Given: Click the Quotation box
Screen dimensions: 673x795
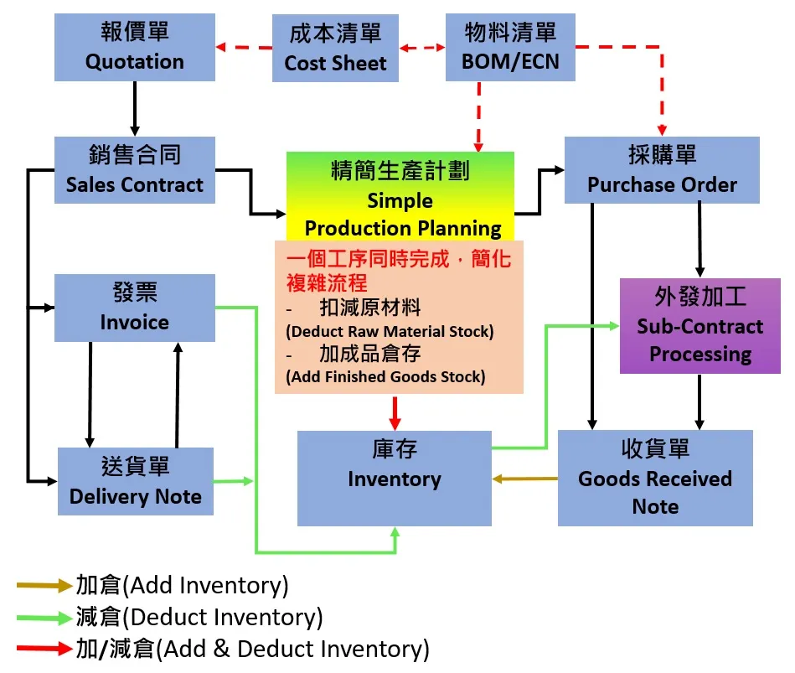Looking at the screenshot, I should click(x=134, y=48).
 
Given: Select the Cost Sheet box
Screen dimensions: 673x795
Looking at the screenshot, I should click(x=335, y=49).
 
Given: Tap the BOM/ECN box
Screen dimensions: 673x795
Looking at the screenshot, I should click(x=510, y=48).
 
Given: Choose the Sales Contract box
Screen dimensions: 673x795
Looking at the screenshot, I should click(x=134, y=170).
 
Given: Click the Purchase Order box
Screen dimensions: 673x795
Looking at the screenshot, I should click(x=662, y=170).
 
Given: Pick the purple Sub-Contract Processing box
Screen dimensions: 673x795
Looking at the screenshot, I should click(x=699, y=326).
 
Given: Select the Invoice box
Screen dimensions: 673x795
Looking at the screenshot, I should click(x=134, y=308).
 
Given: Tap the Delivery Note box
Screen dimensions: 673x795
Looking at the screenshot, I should click(x=135, y=481).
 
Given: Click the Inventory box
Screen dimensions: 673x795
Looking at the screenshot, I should click(x=395, y=479).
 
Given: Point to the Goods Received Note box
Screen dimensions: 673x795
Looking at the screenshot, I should click(x=655, y=479).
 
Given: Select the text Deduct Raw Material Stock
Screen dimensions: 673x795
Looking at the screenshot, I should click(x=390, y=331).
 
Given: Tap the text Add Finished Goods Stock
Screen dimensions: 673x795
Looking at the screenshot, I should click(x=385, y=376).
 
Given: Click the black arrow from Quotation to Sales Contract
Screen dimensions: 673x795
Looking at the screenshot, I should click(x=134, y=109).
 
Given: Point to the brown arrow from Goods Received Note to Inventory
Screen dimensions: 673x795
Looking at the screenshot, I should click(x=525, y=479).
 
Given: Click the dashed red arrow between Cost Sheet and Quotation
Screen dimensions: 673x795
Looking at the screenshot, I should click(x=244, y=48).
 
